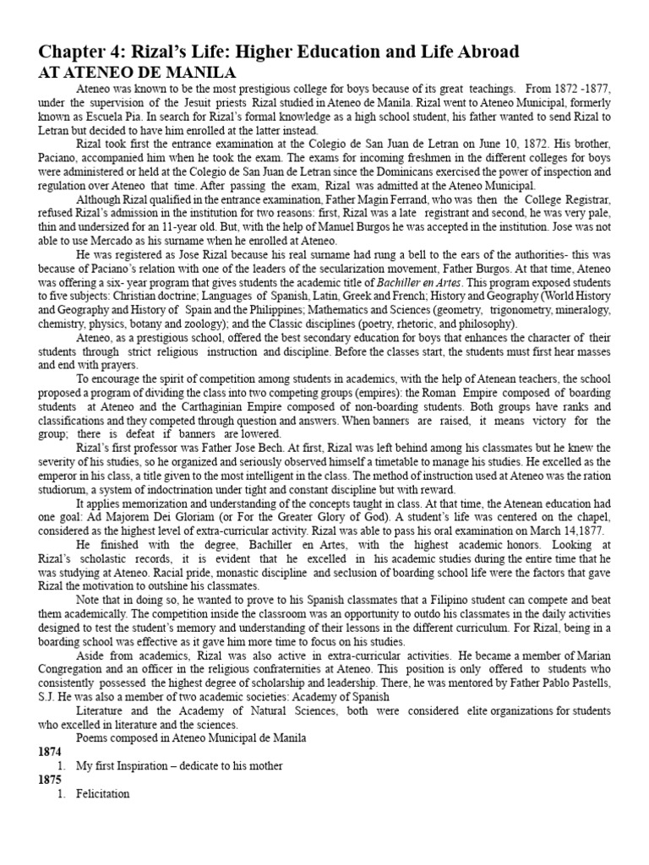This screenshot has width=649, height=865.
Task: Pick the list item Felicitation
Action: (102, 794)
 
